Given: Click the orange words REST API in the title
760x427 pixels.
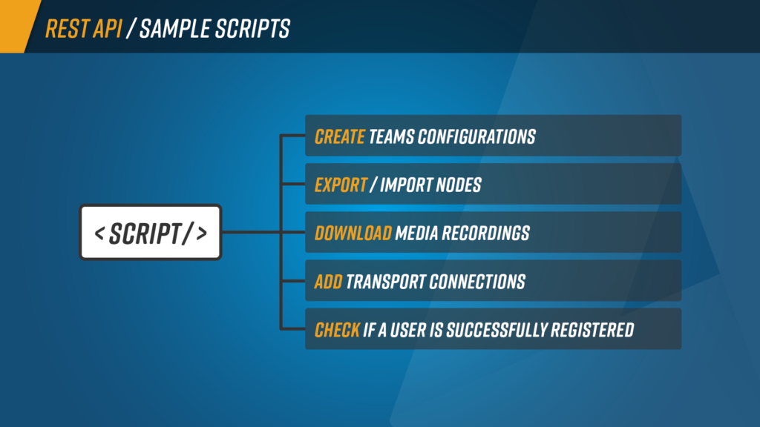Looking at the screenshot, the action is coord(83,29).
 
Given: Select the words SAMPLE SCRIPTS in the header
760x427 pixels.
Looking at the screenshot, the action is coord(214,29).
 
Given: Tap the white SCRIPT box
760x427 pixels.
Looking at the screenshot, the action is coord(151,232).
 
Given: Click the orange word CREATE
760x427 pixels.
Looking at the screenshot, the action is coord(339,137).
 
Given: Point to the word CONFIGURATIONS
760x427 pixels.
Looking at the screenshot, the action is coord(476,137).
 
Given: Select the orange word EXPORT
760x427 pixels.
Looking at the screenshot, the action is coord(341,185).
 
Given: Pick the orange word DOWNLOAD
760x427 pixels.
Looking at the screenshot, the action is coord(353,234).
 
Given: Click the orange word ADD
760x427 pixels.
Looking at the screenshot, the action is coord(328,282).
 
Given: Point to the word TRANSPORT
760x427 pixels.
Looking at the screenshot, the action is coord(385,282).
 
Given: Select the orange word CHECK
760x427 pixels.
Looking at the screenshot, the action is coord(337,330).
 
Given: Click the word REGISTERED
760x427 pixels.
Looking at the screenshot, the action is coord(592,330).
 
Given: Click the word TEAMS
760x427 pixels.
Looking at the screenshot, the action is coord(391,137).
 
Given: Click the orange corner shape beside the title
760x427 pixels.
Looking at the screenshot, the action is coord(18,26).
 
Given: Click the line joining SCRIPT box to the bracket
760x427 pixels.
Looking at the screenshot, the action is coord(251,232).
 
